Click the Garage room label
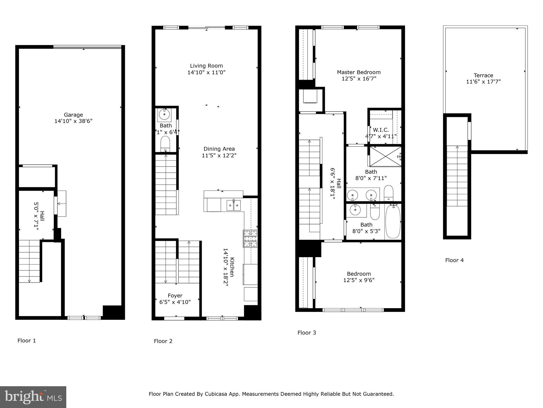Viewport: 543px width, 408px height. (x=73, y=115)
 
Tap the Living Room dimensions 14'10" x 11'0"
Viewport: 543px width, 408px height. (x=206, y=72)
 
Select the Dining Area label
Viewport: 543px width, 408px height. (x=219, y=149)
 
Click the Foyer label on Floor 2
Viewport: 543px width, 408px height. (x=175, y=295)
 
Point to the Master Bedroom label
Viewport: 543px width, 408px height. (x=359, y=72)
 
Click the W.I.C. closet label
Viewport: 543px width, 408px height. (x=381, y=130)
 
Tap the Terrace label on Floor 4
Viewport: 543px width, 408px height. (x=483, y=75)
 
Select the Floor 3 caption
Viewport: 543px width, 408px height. (x=306, y=333)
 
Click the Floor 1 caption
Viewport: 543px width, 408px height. (x=27, y=341)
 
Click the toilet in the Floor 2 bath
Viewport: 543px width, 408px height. (x=165, y=144)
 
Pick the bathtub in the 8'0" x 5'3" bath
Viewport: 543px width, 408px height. (x=393, y=221)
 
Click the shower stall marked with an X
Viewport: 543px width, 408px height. (x=385, y=156)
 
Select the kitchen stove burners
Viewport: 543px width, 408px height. (x=250, y=239)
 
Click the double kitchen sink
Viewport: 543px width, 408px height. (x=234, y=205)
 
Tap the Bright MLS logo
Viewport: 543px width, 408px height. (x=33, y=397)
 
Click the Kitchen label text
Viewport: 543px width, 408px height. (x=232, y=267)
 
